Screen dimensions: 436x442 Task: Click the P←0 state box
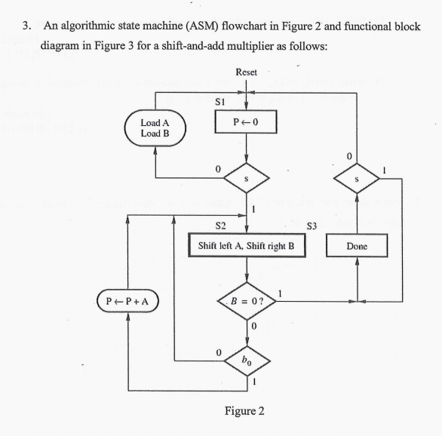(x=246, y=121)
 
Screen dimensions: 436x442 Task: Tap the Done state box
(x=356, y=247)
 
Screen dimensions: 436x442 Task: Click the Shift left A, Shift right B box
(x=246, y=247)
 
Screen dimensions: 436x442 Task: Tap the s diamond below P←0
(x=246, y=179)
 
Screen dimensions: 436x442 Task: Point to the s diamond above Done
(x=356, y=179)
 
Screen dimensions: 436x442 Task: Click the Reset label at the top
(x=246, y=72)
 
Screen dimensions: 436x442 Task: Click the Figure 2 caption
(x=245, y=411)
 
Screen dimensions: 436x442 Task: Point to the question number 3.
(x=27, y=26)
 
